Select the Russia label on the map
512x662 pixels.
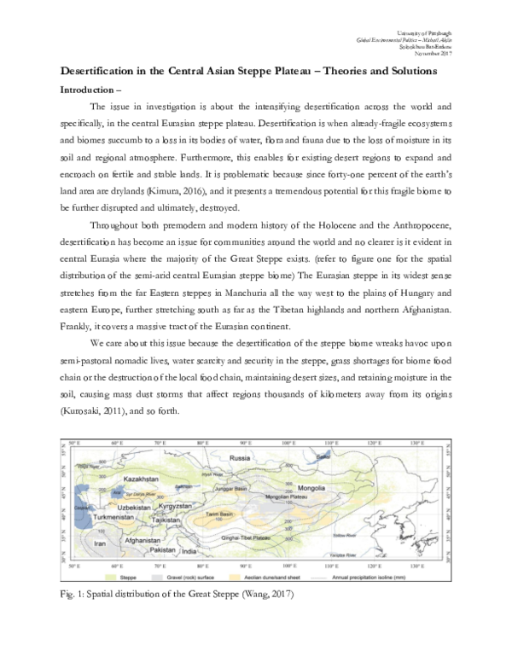pyautogui.click(x=253, y=458)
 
